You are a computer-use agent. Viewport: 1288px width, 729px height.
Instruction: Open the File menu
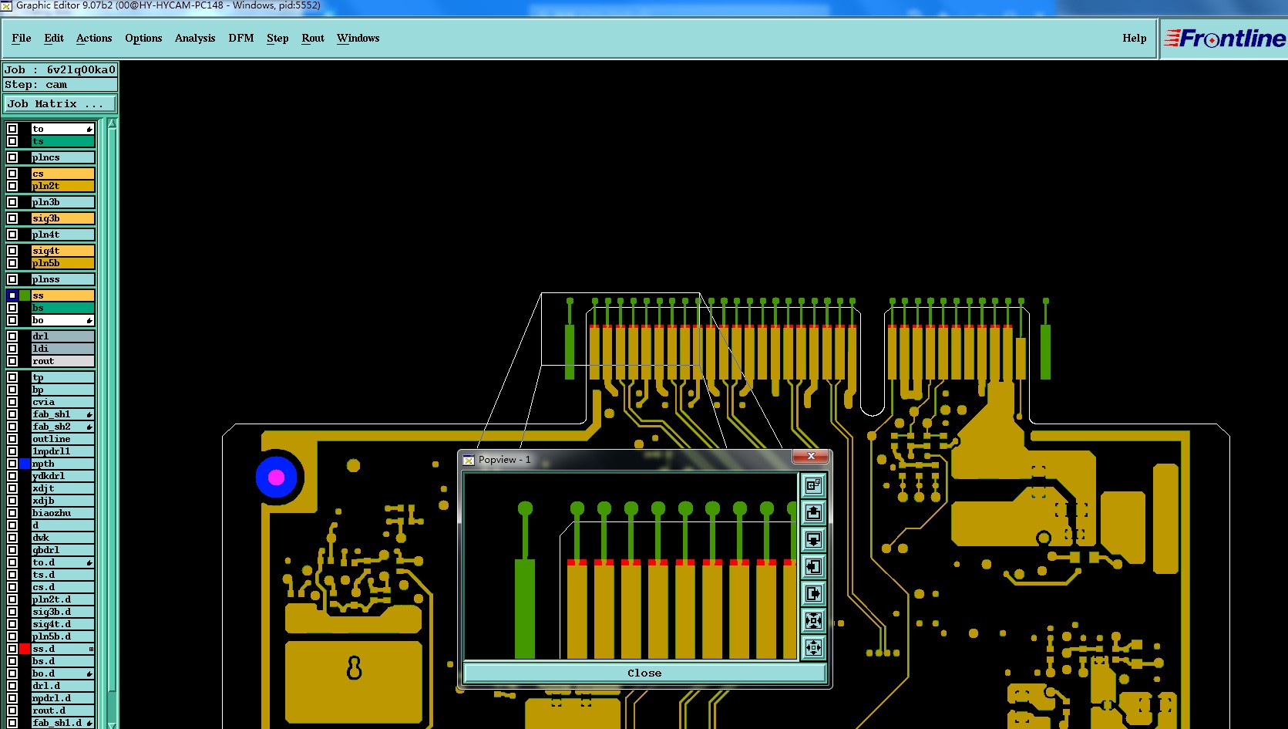pyautogui.click(x=22, y=38)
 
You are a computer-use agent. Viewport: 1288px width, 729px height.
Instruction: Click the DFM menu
pyautogui.click(x=241, y=38)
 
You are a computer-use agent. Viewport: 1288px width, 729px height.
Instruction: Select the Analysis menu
pyautogui.click(x=195, y=38)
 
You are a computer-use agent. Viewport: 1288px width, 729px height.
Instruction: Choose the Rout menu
pyautogui.click(x=313, y=38)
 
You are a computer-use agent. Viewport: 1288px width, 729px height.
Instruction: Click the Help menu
pyautogui.click(x=1134, y=38)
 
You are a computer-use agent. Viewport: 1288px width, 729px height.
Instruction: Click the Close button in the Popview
pyautogui.click(x=644, y=673)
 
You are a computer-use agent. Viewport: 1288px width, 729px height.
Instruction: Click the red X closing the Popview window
pyautogui.click(x=811, y=456)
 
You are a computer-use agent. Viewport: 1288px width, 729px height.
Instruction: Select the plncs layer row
pyautogui.click(x=62, y=157)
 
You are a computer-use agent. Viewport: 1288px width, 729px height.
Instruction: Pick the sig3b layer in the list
pyautogui.click(x=62, y=218)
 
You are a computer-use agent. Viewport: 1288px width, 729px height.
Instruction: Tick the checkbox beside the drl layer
pyautogui.click(x=12, y=336)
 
